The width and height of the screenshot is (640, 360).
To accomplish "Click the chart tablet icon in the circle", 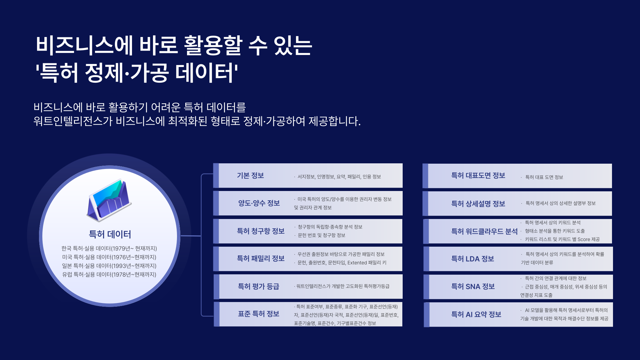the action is point(109,200).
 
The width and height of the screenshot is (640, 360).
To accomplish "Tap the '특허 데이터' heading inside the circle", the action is point(110,234).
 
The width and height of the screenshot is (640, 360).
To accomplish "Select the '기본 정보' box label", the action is point(250,176).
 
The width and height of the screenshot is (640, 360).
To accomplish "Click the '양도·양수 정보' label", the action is point(259,203).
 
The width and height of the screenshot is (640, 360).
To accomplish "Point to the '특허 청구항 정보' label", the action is point(261,231).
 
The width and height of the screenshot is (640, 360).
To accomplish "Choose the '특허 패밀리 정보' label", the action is point(261,259).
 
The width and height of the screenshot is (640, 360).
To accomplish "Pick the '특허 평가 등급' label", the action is point(258,286).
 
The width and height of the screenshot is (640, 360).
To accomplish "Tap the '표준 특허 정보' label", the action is point(258,314).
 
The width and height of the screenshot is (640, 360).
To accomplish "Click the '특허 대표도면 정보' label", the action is point(478,176).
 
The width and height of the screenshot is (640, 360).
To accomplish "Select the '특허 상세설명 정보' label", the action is point(478,204).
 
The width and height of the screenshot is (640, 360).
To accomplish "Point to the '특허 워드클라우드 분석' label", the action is point(484,231).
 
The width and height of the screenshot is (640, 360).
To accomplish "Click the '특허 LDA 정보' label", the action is point(472,259).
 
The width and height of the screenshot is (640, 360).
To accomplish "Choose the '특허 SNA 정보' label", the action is point(473,287).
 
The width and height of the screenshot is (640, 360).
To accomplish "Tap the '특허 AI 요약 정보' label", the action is point(476,315).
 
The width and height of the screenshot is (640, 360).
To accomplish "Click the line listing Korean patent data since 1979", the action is point(109,249).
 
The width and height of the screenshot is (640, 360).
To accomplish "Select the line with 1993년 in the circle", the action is point(109,266).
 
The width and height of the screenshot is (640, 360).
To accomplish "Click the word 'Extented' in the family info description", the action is point(357,263).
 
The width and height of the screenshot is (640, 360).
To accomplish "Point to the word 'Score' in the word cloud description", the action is point(584,239).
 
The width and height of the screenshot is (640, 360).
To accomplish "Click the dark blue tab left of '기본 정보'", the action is point(216,176).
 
